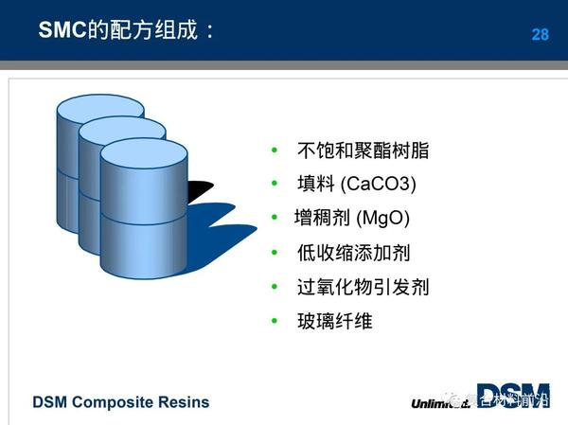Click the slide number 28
click(x=540, y=34)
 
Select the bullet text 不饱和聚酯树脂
click(x=363, y=151)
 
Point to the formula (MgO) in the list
click(x=382, y=218)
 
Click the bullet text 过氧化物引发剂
click(x=363, y=287)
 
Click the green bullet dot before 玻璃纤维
click(x=275, y=321)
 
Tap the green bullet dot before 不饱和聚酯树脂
click(x=275, y=151)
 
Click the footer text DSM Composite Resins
click(x=121, y=402)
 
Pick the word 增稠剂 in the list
click(x=323, y=218)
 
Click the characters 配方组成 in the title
click(x=155, y=31)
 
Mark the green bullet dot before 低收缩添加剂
click(x=275, y=253)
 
